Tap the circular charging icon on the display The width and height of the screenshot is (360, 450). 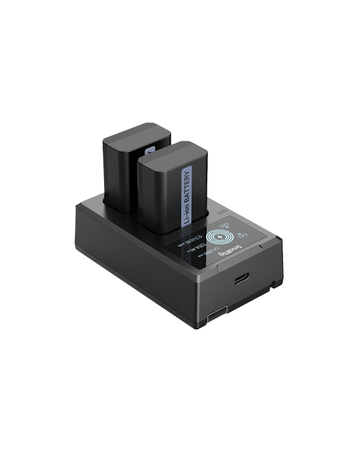click(220, 239)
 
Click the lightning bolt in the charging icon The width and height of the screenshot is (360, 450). click(220, 239)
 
